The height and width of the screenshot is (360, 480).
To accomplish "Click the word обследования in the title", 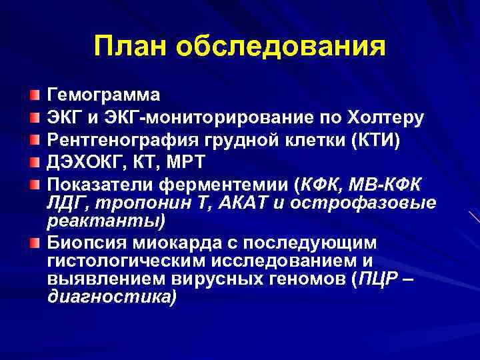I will [x=281, y=46].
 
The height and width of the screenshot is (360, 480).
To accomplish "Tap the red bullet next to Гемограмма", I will [x=35, y=94].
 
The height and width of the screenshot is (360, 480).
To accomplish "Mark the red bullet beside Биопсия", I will [x=35, y=242].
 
